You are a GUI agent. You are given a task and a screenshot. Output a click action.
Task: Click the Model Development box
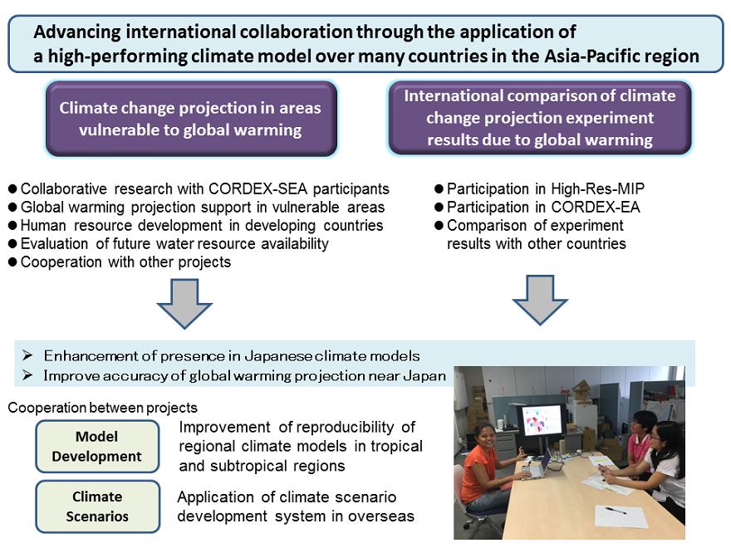(x=97, y=447)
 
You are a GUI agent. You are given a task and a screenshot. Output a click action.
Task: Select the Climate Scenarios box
(x=97, y=506)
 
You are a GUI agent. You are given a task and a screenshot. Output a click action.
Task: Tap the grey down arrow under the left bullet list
(x=184, y=303)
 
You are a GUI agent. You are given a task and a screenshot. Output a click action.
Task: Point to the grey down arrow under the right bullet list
(x=540, y=300)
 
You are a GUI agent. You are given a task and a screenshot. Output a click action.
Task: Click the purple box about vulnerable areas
(x=191, y=119)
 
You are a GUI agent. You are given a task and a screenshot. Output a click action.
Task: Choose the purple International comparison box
(x=540, y=117)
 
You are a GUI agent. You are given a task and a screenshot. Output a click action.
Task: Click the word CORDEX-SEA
(x=258, y=188)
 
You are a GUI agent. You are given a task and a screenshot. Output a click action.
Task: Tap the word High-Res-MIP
(x=597, y=188)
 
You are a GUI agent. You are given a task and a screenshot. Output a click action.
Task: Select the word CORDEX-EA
(x=596, y=207)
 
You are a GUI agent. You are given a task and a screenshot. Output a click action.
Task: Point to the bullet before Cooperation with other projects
(x=12, y=262)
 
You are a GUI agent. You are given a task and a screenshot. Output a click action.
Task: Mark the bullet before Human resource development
(x=12, y=226)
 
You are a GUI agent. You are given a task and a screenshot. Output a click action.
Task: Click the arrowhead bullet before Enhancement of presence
(x=27, y=356)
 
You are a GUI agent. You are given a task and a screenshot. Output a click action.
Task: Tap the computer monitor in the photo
(x=542, y=420)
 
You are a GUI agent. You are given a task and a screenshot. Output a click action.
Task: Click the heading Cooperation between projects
(x=102, y=408)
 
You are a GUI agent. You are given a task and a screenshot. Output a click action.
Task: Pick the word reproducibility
(x=345, y=428)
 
